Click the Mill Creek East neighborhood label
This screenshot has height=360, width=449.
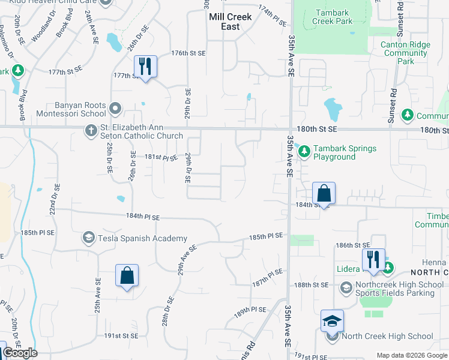(231, 22)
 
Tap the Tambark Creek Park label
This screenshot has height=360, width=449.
(332, 16)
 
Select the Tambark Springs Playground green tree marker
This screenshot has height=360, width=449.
(304, 151)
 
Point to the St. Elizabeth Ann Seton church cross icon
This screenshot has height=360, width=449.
(91, 130)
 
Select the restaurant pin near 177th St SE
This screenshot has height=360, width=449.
(145, 66)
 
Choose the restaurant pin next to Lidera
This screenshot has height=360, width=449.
(373, 259)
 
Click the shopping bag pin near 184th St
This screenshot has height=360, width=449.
(324, 193)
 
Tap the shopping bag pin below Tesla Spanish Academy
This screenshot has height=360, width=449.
(127, 275)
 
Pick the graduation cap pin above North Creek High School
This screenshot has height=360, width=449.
(332, 321)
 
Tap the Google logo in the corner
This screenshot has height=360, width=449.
(20, 353)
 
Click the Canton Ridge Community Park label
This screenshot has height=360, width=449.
(406, 53)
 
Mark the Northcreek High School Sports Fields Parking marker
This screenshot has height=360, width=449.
(346, 289)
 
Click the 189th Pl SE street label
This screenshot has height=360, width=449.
(250, 310)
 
